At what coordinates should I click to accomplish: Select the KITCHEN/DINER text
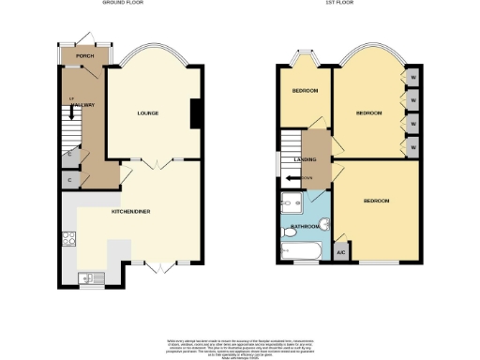(132, 212)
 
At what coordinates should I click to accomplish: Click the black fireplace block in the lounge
(196, 113)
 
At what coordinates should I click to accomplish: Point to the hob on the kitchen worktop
(67, 238)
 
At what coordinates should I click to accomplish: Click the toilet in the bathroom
(322, 223)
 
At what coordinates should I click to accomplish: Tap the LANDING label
(305, 160)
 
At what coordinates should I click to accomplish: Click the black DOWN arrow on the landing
(330, 173)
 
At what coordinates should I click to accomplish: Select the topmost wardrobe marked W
(413, 76)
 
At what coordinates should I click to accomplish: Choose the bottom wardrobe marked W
(413, 146)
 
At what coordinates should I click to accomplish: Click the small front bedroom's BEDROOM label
(304, 91)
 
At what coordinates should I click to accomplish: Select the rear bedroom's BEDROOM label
(376, 201)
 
